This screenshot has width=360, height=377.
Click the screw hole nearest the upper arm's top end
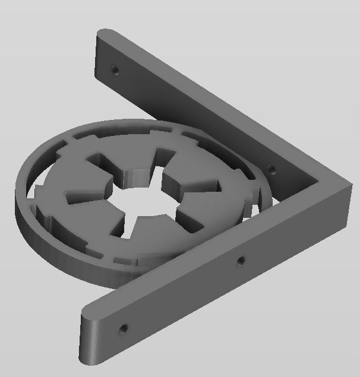pos(115,69)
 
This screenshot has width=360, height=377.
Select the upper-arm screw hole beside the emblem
pos(271,169)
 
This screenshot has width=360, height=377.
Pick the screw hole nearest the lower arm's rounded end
pos(123,327)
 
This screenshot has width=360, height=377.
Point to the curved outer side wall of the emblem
pos(59,237)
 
